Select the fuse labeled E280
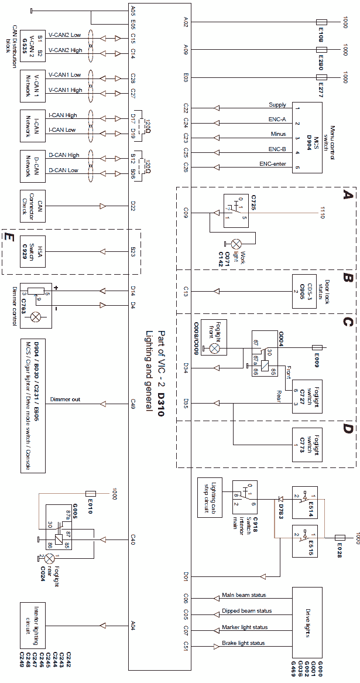click(321, 50)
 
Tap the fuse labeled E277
click(321, 77)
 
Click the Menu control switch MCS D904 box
click(307, 137)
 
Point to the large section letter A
click(349, 196)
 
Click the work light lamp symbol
click(237, 243)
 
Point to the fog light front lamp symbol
click(214, 349)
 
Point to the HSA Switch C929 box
click(36, 252)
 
